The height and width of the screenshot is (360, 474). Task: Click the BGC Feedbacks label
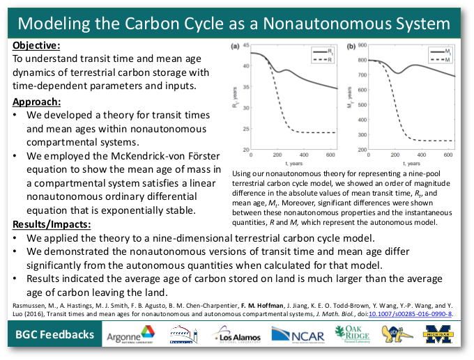[55, 335]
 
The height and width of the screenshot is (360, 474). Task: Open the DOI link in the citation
[417, 314]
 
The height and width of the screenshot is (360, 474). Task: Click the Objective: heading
[36, 45]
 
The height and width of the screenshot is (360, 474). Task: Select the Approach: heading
[36, 102]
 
